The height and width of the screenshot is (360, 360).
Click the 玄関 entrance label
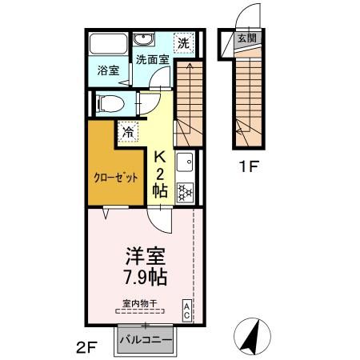pos(246,38)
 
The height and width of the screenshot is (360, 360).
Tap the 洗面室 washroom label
pos(151,59)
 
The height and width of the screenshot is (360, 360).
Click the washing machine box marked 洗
pos(184,42)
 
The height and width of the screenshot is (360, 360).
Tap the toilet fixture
pos(107,103)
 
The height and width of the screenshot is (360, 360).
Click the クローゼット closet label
pos(114,177)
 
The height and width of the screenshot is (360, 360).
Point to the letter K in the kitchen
pos(160,157)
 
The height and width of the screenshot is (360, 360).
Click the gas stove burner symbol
pos(186,192)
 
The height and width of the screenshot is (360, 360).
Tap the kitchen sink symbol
pos(184,160)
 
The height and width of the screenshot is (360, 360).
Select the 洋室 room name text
pos(145,258)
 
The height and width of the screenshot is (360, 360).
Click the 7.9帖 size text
pos(145,278)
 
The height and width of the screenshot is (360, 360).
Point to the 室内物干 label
pos(139,302)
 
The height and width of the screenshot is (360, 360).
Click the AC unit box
pos(186,310)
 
